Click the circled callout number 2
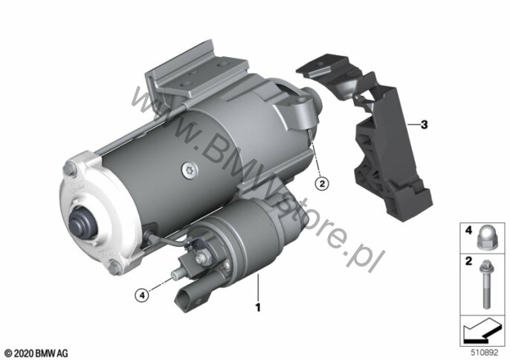(322, 184)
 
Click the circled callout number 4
(142, 295)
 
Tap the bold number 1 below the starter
(258, 307)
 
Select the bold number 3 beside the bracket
(424, 124)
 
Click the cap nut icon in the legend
(485, 238)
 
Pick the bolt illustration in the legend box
(486, 284)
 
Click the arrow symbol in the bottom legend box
(482, 331)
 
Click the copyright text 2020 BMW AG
(36, 353)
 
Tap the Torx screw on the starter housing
(189, 170)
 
